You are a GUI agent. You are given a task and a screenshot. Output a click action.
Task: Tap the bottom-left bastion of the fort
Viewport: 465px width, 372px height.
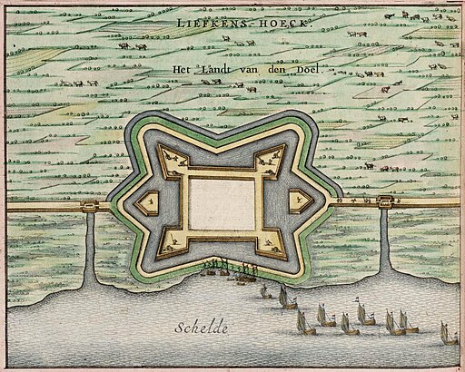coord(168,240)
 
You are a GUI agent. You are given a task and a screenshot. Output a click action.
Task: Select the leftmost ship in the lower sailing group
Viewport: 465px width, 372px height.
coord(303,320)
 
